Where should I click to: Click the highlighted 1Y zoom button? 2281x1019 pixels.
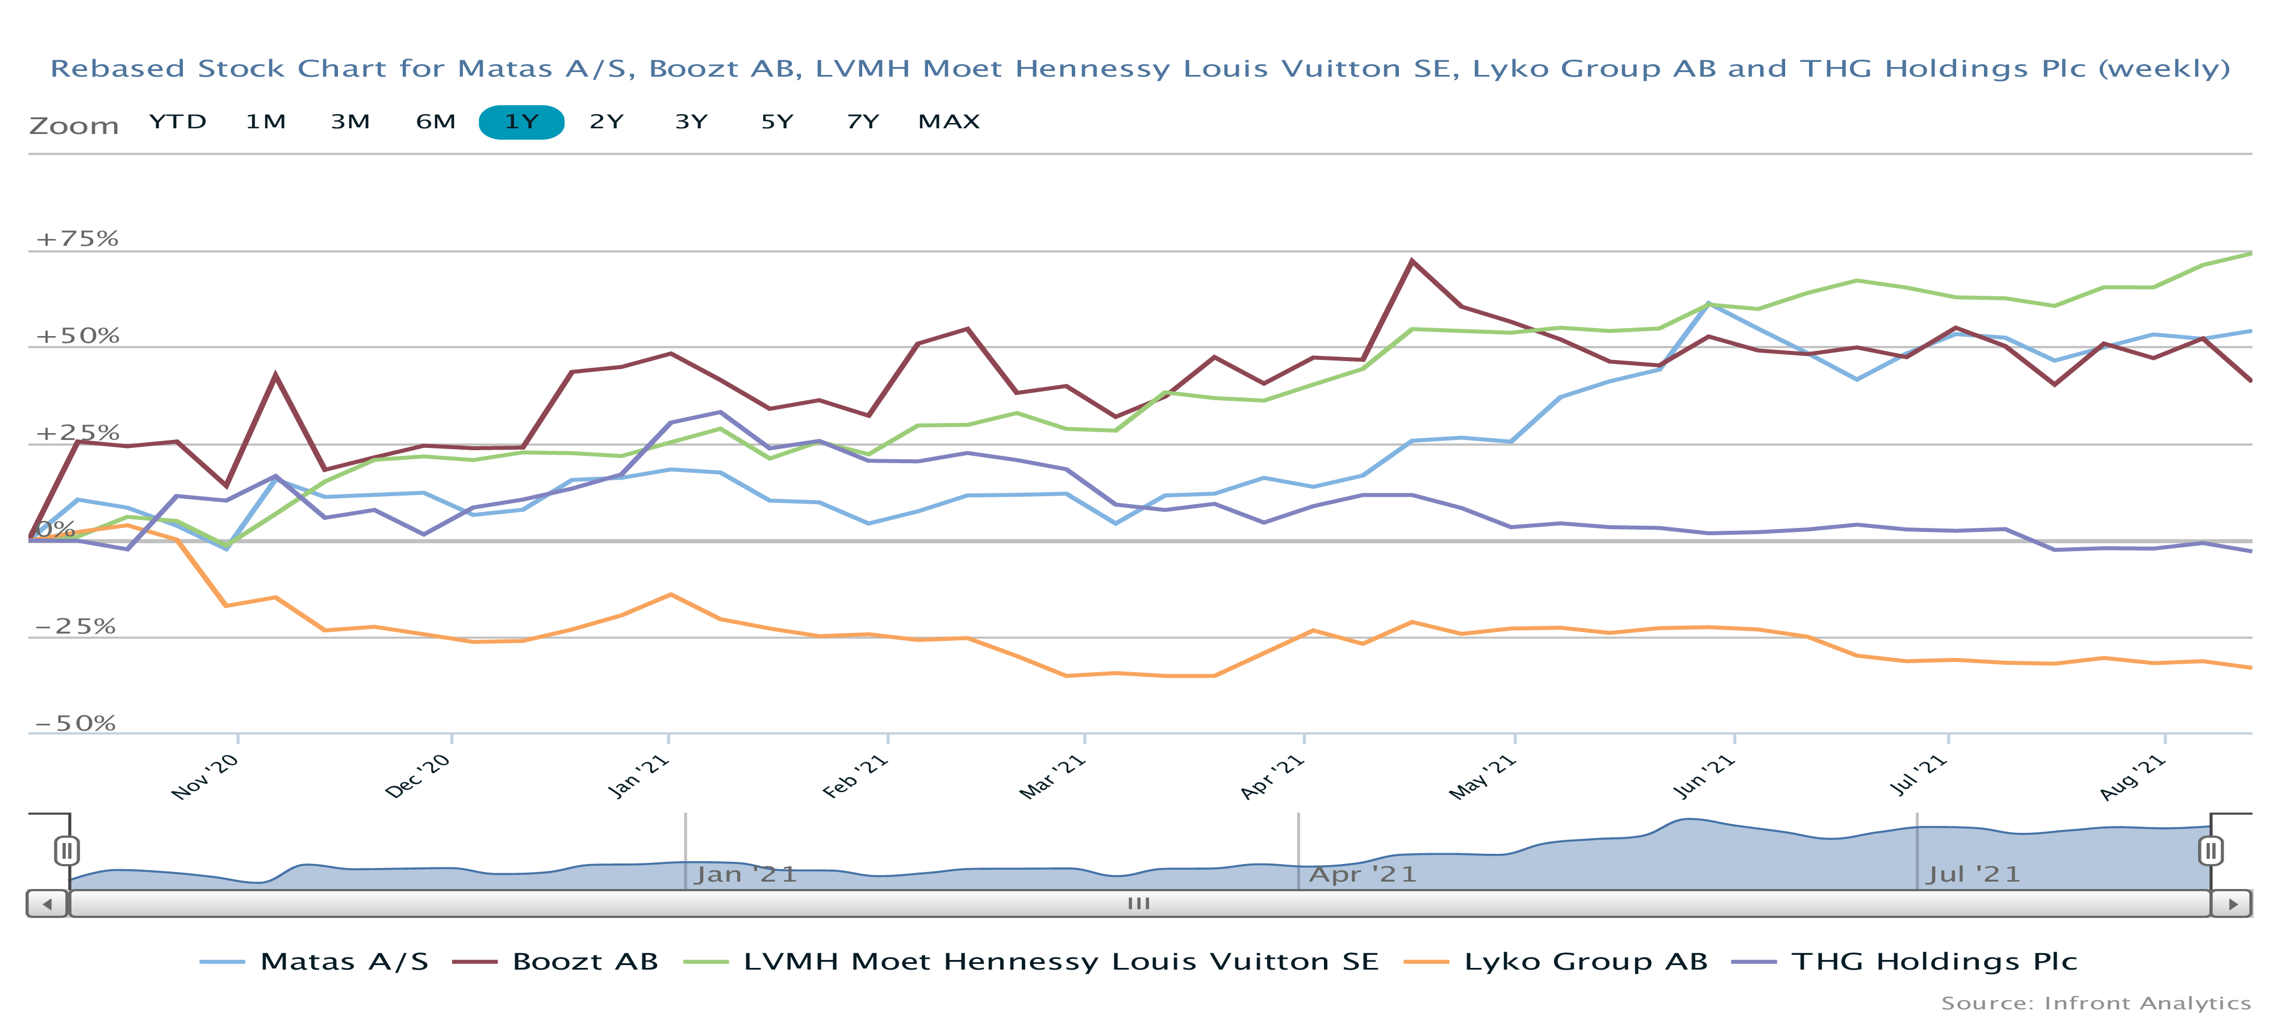[521, 122]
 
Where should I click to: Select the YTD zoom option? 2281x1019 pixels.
[178, 122]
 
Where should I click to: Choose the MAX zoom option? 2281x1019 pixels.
[949, 122]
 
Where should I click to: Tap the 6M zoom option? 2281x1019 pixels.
[436, 122]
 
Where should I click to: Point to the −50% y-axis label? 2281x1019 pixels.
[76, 723]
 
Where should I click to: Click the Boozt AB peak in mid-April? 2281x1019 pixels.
[1411, 261]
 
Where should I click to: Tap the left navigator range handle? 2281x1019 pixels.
[66, 851]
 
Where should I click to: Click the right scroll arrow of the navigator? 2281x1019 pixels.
[2232, 904]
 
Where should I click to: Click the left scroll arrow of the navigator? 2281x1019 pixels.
[47, 904]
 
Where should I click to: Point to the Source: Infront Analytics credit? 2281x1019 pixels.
[2095, 1003]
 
